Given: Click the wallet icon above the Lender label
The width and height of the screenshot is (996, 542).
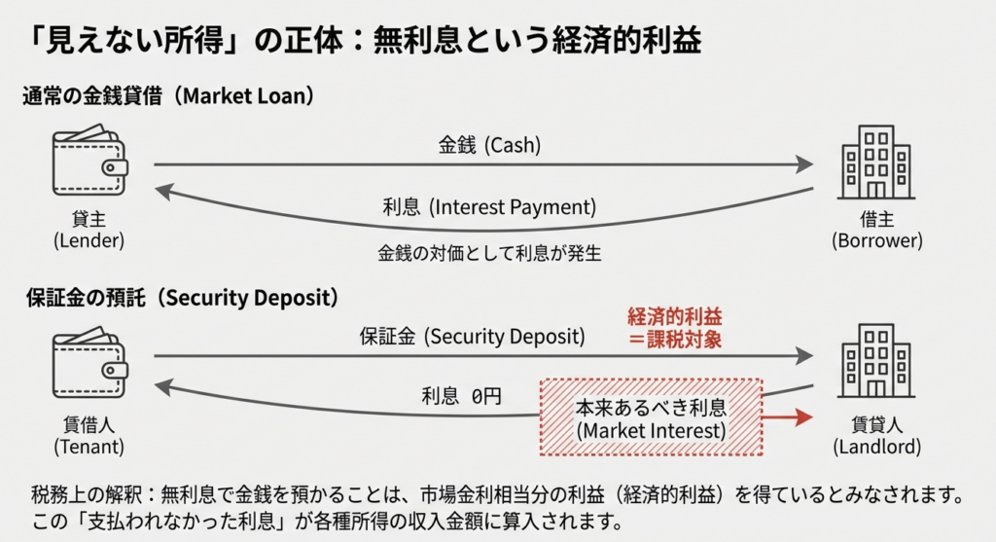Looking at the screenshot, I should click(x=90, y=163).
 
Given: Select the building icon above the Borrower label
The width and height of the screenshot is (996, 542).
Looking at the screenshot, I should click(x=876, y=163).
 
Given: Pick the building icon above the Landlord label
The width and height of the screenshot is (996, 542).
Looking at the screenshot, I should click(x=876, y=363).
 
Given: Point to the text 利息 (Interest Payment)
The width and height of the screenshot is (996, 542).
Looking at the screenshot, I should click(x=489, y=207).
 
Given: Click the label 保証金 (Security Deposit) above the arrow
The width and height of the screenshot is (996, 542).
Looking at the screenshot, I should click(x=473, y=337).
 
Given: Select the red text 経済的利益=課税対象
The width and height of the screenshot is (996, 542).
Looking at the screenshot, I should click(x=679, y=329).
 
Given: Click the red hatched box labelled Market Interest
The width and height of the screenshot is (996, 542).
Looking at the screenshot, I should click(x=651, y=417).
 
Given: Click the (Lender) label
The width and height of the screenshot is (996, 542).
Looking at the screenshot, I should click(x=90, y=240).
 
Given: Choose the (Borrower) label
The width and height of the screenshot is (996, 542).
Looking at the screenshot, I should click(x=877, y=240).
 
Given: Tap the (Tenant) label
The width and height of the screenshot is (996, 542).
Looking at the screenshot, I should click(x=89, y=447).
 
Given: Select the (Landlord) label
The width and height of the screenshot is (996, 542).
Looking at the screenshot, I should click(x=877, y=447).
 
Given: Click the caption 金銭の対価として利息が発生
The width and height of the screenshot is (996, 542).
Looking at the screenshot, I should click(x=489, y=254).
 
